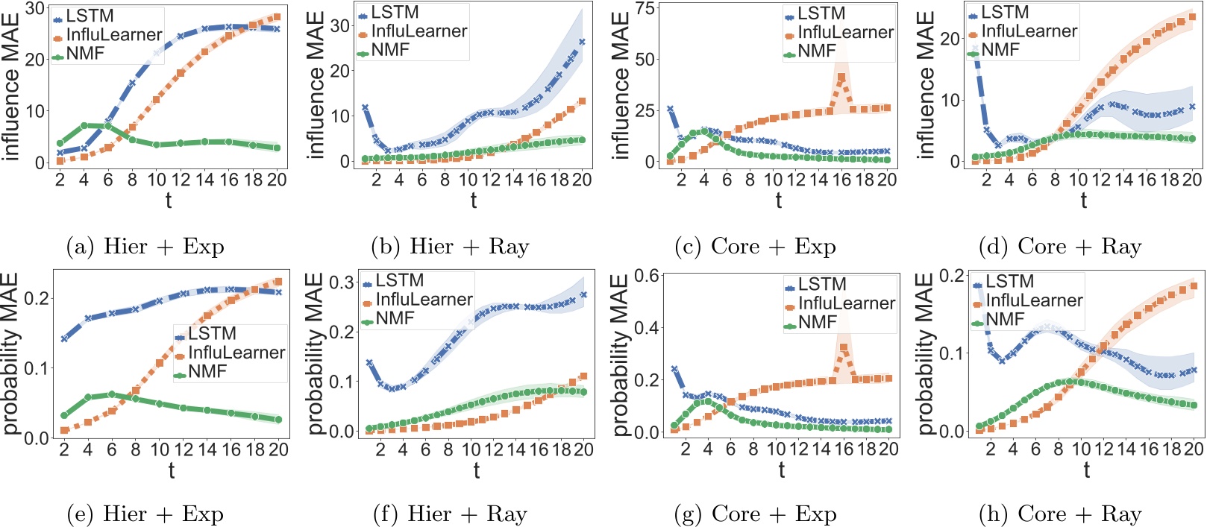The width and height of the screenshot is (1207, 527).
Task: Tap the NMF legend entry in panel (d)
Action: coord(996,50)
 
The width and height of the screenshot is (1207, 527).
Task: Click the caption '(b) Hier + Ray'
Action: coord(450,247)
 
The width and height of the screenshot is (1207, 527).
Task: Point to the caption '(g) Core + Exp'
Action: coord(755,514)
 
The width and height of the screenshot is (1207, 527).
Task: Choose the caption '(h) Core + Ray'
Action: coord(1060,514)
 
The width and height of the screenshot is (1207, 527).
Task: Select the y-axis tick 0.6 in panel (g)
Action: coord(647,277)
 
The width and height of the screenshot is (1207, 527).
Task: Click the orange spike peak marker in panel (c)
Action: coord(842,77)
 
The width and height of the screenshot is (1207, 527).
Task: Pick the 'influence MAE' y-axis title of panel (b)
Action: coord(316,84)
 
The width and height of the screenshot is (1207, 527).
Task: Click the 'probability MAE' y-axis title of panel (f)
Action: coord(316,353)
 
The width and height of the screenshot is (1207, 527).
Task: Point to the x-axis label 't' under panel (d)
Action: coord(1083,200)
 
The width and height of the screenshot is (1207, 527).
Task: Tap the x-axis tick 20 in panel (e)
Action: coord(278,449)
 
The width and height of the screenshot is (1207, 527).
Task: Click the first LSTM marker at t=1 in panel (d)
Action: coord(976,49)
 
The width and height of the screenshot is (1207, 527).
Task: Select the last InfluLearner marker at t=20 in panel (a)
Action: coord(277,17)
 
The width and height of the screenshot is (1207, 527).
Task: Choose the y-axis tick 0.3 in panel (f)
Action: coord(342,283)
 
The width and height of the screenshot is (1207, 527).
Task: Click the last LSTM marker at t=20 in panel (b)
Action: coord(582,42)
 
